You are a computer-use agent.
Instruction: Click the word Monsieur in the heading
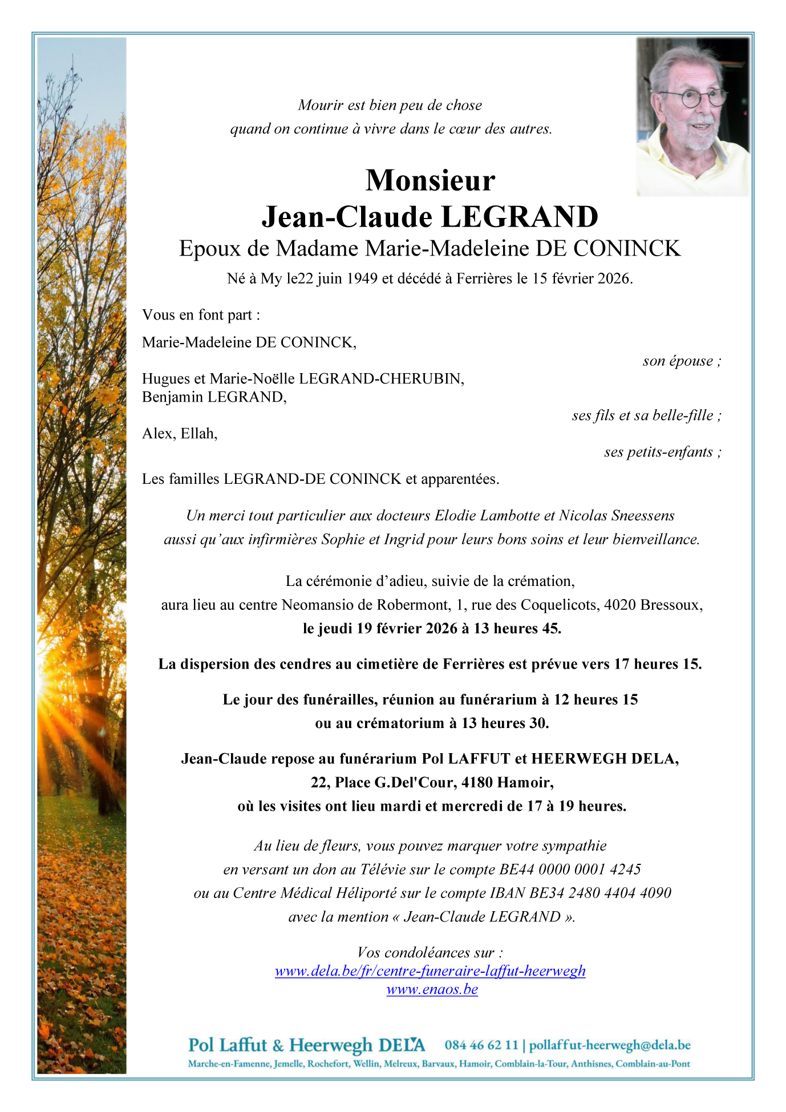[x=430, y=180]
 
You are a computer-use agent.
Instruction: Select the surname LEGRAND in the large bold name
[x=520, y=217]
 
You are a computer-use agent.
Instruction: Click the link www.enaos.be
[x=432, y=989]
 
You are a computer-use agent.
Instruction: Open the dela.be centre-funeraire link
[x=430, y=971]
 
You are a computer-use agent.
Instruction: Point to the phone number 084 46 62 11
[x=481, y=1045]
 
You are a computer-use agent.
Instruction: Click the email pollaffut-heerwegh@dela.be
[x=610, y=1045]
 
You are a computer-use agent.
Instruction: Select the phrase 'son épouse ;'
[x=682, y=361]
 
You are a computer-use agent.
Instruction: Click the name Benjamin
[x=172, y=397]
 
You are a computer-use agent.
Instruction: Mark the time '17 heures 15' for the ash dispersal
[x=657, y=664]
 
